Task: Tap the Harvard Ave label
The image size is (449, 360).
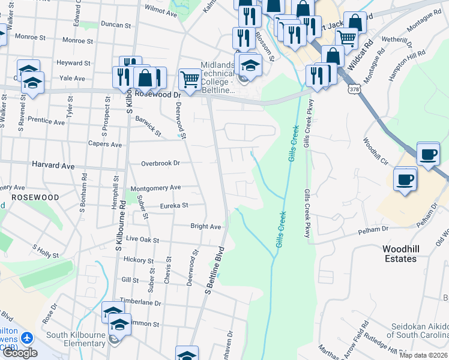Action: pyautogui.click(x=53, y=165)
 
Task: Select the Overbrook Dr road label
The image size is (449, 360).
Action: pyautogui.click(x=160, y=163)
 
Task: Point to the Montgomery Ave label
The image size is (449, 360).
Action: pyautogui.click(x=155, y=187)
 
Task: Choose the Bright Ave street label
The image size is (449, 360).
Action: pyautogui.click(x=206, y=227)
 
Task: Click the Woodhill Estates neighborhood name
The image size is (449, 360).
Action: pyautogui.click(x=399, y=253)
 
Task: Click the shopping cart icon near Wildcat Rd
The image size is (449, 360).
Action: pyautogui.click(x=347, y=38)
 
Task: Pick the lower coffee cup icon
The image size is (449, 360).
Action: pyautogui.click(x=405, y=178)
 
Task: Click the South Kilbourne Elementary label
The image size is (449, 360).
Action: pyautogui.click(x=76, y=339)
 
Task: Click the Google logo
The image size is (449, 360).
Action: pyautogui.click(x=20, y=353)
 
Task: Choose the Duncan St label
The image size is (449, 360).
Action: pyautogui.click(x=116, y=25)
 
